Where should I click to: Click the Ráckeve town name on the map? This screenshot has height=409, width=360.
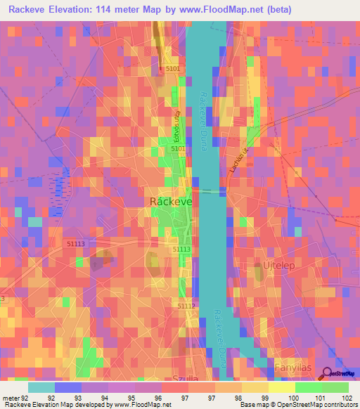pyautogui.click(x=172, y=201)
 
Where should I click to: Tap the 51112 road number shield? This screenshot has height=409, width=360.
pyautogui.click(x=186, y=306)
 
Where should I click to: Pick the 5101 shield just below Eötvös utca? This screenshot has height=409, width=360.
pyautogui.click(x=179, y=149)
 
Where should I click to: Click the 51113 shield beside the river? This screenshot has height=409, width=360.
pyautogui.click(x=181, y=249)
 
